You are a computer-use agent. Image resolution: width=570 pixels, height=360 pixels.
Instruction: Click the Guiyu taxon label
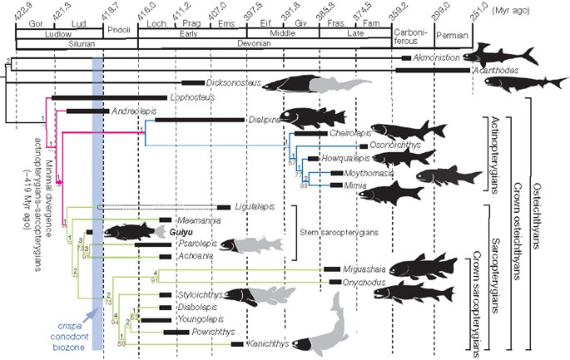coord(182,234)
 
